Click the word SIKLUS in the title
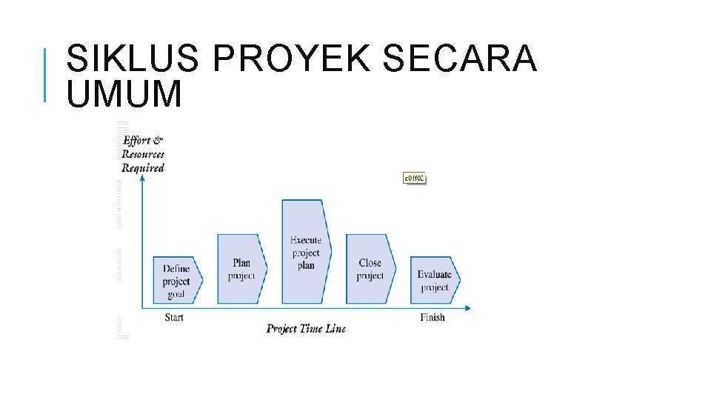[x=133, y=59]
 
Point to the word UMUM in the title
[x=124, y=95]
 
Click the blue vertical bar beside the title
[x=45, y=74]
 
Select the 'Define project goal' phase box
[x=176, y=280]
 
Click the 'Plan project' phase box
[x=241, y=268]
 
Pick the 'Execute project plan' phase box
[x=305, y=252]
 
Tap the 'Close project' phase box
[x=370, y=268]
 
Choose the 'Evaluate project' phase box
[x=435, y=280]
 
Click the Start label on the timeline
[x=174, y=317]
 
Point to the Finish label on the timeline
[x=433, y=317]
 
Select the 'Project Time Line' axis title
[x=306, y=329]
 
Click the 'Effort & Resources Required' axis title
[x=143, y=154]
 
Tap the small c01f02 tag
[x=414, y=178]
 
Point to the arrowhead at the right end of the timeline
[x=467, y=307]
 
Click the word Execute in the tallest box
[x=306, y=240]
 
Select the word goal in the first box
[x=176, y=294]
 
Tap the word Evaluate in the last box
[x=434, y=275]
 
